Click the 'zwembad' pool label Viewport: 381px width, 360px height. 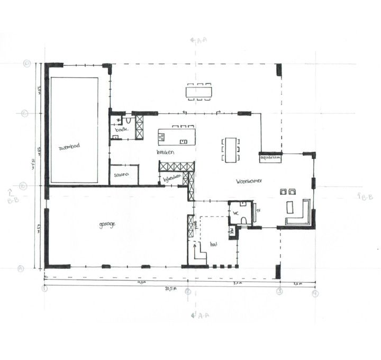70,148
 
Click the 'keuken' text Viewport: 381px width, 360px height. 165,152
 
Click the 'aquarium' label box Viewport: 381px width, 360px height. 269,158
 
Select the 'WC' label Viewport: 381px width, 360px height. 236,213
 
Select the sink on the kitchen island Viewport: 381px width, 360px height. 184,141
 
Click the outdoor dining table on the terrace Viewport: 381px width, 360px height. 199,92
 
